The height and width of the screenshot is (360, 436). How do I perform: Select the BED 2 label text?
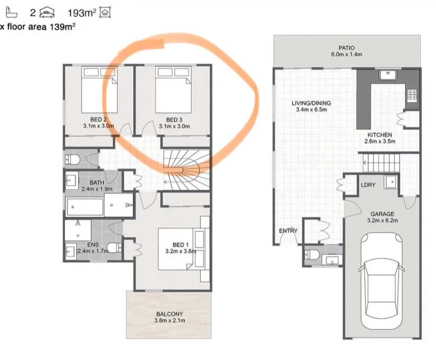click(x=95, y=120)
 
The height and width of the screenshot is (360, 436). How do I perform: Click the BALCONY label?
click(x=169, y=314)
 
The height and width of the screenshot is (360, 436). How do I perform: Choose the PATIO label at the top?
click(x=346, y=48)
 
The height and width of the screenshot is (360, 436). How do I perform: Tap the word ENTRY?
click(x=288, y=231)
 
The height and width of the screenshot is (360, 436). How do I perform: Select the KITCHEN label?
click(x=380, y=135)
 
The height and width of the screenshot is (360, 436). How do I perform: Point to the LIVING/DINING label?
click(x=310, y=103)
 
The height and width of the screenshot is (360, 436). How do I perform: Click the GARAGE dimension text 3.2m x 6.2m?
click(x=382, y=221)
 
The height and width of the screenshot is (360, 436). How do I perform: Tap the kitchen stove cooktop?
click(x=411, y=96)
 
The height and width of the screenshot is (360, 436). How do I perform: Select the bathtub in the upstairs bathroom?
click(x=85, y=206)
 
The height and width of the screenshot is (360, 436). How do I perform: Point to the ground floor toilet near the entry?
click(x=311, y=255)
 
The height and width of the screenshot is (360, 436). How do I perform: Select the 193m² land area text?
click(x=82, y=12)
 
